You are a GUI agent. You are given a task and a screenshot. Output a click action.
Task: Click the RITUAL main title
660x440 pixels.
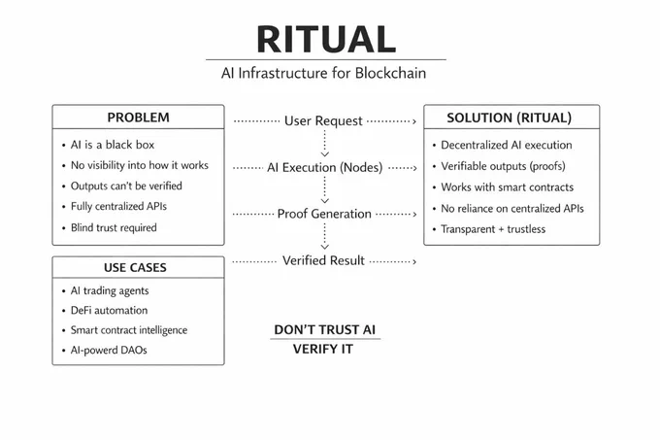326,39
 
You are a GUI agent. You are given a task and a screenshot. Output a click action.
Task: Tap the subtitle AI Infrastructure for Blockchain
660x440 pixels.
323,73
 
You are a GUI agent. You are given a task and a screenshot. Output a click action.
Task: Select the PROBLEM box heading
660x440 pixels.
138,118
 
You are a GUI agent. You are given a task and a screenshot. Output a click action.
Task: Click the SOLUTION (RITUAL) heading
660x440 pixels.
509,118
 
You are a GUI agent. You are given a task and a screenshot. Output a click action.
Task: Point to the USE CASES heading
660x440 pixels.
135,268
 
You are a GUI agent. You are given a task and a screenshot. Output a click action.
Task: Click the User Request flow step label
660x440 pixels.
323,121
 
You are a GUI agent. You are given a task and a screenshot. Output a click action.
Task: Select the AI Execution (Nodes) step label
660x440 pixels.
324,168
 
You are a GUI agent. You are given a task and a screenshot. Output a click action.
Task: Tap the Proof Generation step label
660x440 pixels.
324,214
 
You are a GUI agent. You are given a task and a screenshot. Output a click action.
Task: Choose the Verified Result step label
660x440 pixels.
323,260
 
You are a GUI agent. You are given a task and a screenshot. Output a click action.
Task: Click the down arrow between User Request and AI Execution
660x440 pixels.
324,143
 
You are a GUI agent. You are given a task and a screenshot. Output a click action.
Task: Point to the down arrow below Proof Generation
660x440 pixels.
324,236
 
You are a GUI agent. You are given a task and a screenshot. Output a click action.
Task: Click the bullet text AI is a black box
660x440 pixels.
113,145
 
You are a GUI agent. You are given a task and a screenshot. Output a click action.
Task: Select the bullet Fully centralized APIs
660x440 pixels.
118,206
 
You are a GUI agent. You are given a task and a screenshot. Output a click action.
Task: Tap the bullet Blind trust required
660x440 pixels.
114,228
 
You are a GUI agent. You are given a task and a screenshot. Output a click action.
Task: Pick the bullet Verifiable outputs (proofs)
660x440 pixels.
503,166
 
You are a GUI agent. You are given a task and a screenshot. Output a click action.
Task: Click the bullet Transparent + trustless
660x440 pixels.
493,229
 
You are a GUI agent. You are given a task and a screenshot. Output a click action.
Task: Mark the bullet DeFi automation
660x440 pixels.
109,310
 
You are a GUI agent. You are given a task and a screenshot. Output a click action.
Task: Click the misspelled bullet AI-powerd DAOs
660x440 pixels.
109,350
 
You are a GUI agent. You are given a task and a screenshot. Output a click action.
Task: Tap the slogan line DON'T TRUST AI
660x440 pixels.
324,329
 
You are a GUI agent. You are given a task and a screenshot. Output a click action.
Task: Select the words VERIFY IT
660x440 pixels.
323,349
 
